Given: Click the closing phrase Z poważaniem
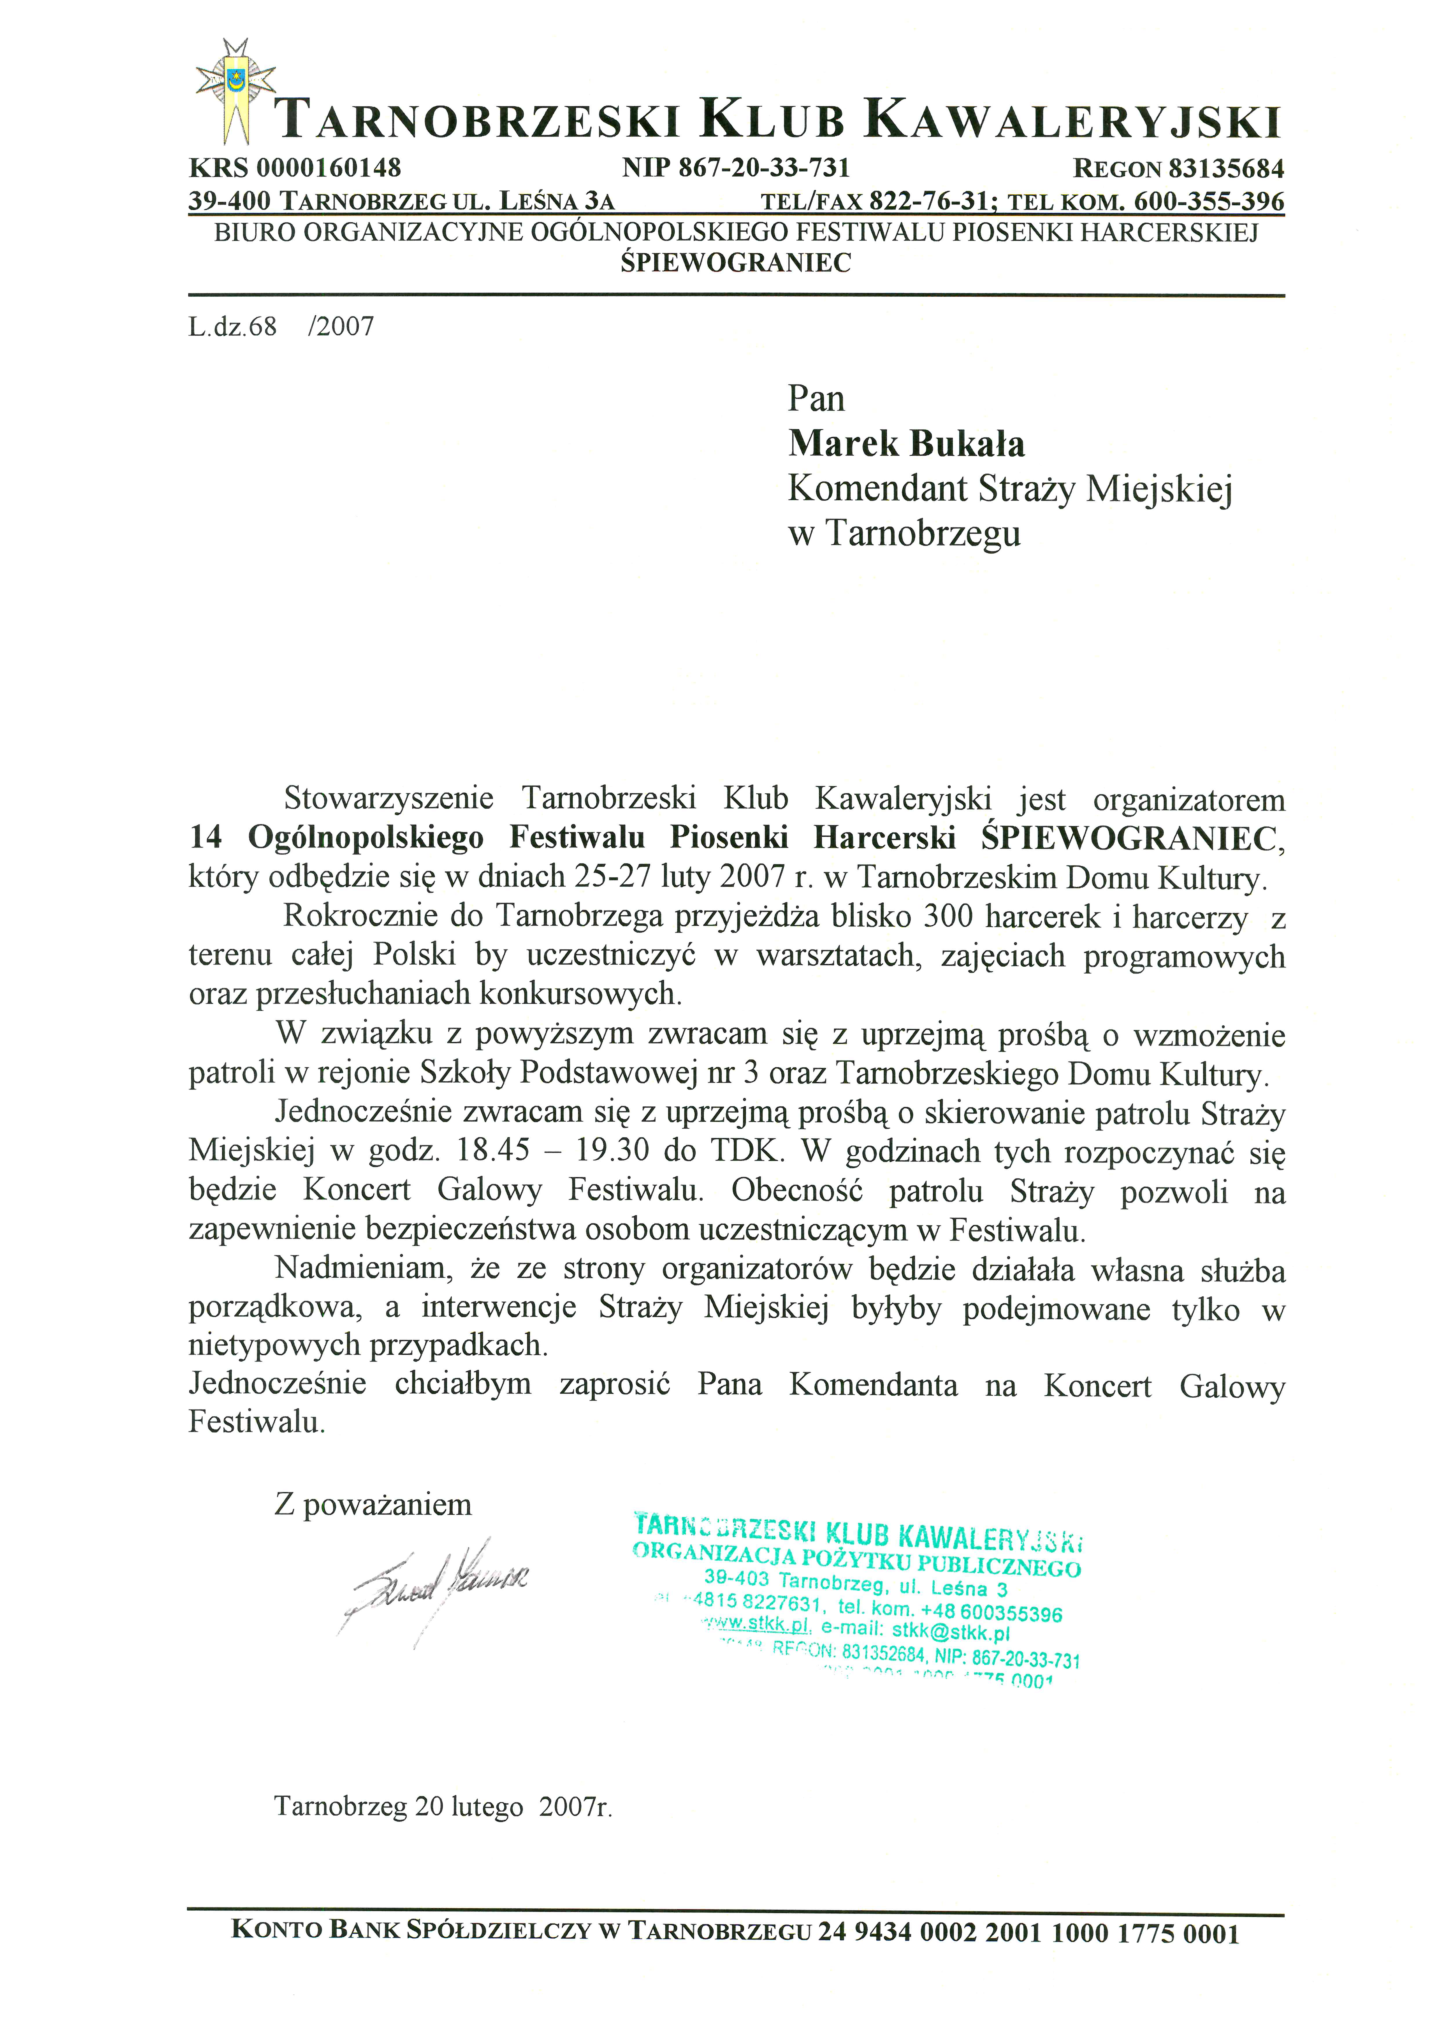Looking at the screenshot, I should pyautogui.click(x=373, y=1504).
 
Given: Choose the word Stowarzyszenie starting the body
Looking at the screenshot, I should pyautogui.click(x=389, y=799).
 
